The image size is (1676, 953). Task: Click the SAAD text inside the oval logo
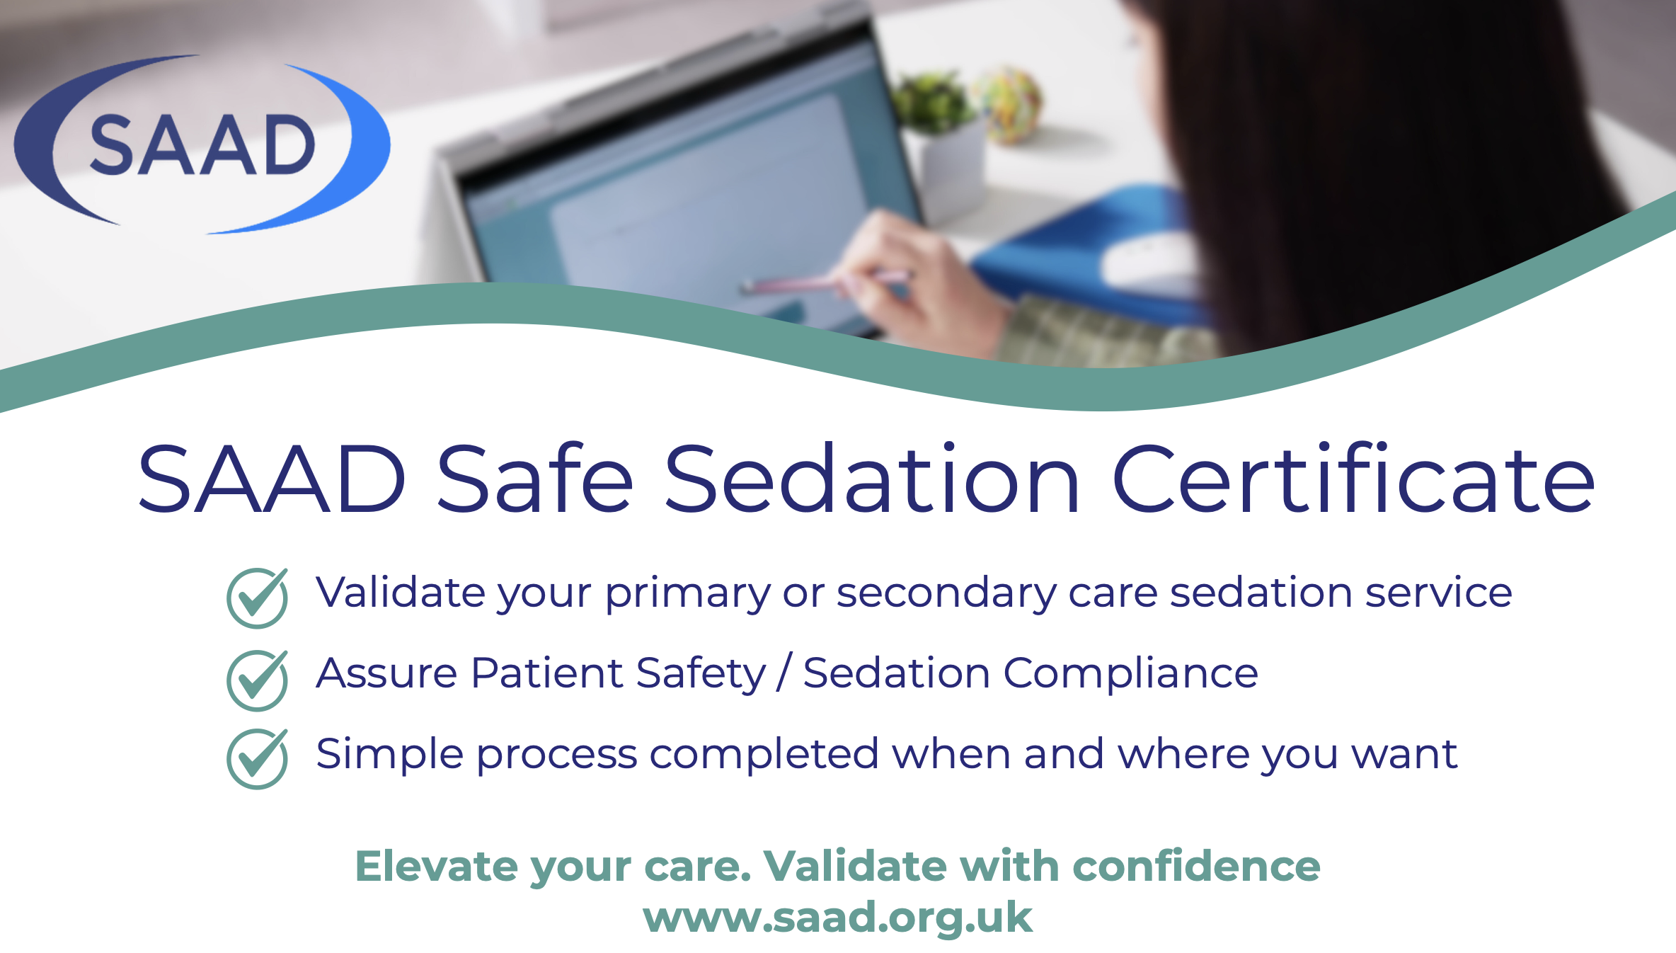[x=202, y=144]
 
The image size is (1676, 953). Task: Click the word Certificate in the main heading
[x=1353, y=477]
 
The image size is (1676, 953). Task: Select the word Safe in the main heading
[x=534, y=477]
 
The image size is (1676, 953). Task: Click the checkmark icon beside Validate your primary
[x=258, y=598]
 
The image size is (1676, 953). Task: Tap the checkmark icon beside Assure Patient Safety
[x=258, y=680]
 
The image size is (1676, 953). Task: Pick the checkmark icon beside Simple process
[x=258, y=758]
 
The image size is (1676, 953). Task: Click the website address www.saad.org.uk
[x=837, y=918]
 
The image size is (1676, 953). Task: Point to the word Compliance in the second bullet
[x=1130, y=673]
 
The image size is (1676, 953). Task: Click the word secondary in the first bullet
[x=946, y=593]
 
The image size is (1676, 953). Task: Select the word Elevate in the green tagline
[x=437, y=866]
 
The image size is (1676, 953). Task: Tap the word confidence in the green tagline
[x=1196, y=866]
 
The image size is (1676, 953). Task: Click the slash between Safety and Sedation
[x=784, y=673]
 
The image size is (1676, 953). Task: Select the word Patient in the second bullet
[x=547, y=673]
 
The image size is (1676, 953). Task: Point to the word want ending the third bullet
[x=1405, y=755]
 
